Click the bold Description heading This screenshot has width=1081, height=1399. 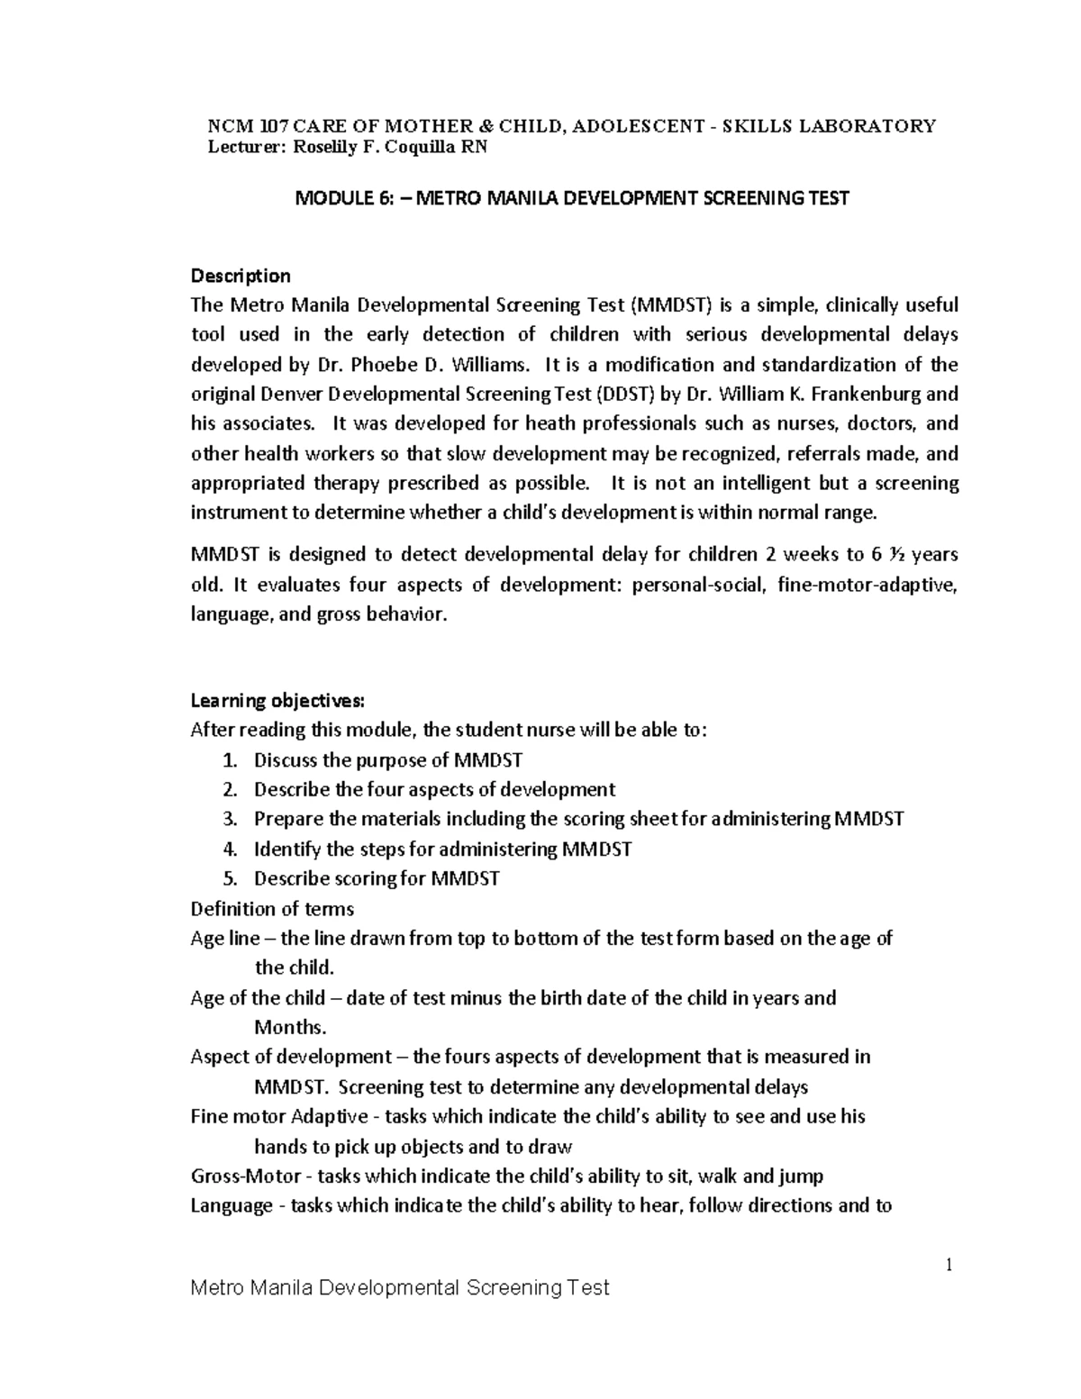tap(241, 276)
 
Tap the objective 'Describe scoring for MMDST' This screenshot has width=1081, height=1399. tap(377, 878)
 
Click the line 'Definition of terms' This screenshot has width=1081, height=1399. tap(272, 908)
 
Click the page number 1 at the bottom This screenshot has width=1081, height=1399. tap(949, 1266)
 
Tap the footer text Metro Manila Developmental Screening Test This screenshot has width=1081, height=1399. tap(400, 1288)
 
